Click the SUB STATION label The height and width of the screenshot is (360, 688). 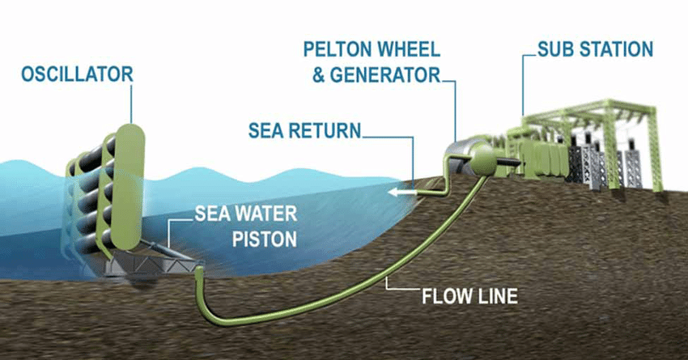pyautogui.click(x=595, y=49)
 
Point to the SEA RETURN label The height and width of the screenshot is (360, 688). pyautogui.click(x=305, y=130)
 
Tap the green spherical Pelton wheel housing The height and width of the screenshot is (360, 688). pyautogui.click(x=486, y=160)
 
